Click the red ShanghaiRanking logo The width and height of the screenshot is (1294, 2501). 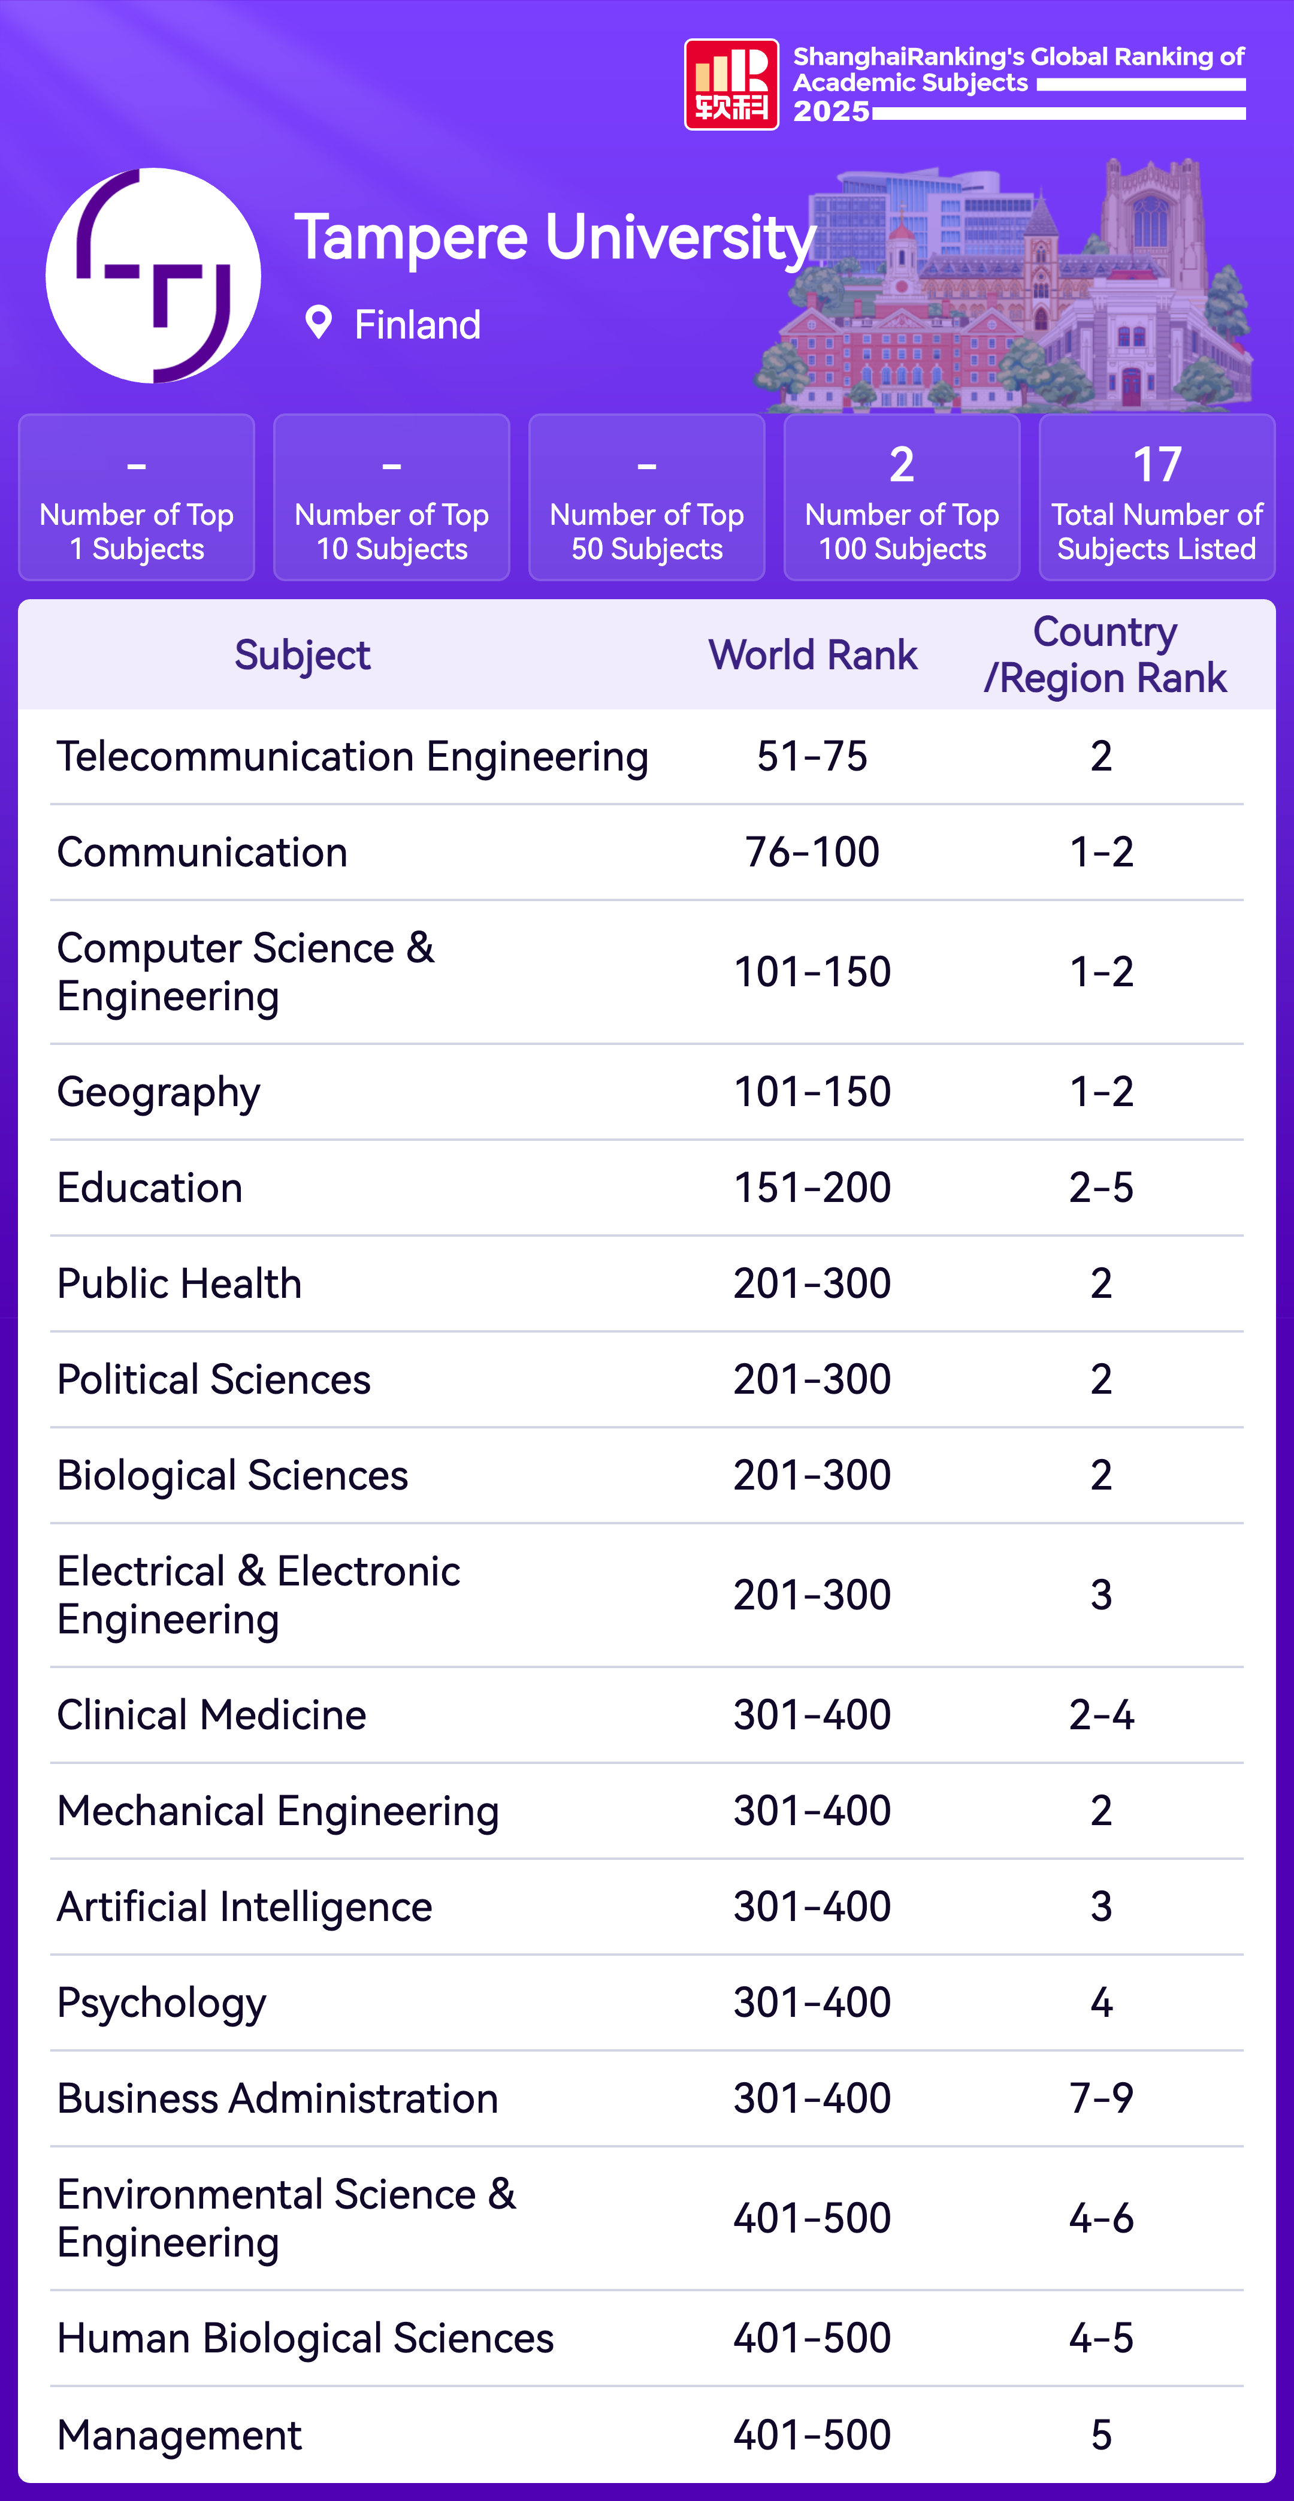pyautogui.click(x=731, y=84)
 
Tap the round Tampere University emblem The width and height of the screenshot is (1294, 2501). pyautogui.click(x=153, y=276)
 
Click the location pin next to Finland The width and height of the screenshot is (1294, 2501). pyautogui.click(x=318, y=322)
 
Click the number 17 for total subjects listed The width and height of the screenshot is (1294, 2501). pyautogui.click(x=1156, y=465)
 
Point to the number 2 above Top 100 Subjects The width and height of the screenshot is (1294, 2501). pyautogui.click(x=902, y=465)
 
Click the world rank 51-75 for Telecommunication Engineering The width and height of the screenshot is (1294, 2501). pyautogui.click(x=812, y=756)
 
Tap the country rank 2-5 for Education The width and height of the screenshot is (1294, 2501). pyautogui.click(x=1101, y=1188)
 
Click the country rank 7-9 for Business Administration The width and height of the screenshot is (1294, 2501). pyautogui.click(x=1101, y=2098)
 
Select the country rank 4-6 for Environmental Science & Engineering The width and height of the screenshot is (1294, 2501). pyautogui.click(x=1101, y=2218)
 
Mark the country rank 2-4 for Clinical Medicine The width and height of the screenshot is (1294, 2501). pyautogui.click(x=1101, y=1715)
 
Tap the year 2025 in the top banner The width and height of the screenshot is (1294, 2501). pyautogui.click(x=831, y=111)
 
